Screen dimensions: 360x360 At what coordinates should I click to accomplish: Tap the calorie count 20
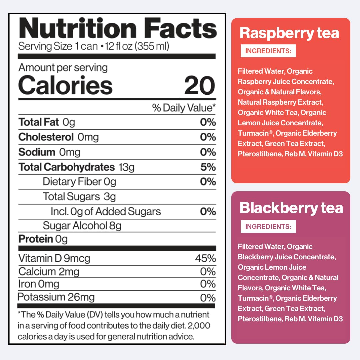tap(199, 85)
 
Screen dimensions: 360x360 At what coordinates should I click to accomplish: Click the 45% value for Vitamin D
tap(205, 258)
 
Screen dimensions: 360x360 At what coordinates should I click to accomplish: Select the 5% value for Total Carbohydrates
tap(208, 167)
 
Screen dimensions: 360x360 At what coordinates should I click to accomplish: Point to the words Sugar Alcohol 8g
tap(82, 226)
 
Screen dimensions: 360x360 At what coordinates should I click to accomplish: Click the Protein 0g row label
tap(43, 239)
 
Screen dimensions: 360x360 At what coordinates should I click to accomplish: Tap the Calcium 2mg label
tap(49, 272)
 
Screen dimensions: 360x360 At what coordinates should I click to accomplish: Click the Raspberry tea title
tap(289, 33)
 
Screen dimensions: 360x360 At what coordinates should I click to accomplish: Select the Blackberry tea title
tap(291, 208)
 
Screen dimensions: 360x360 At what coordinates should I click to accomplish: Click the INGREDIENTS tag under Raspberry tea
tap(268, 51)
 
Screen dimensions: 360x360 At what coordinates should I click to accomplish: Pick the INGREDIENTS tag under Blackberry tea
tap(268, 227)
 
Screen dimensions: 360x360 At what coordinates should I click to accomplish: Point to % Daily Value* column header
tap(184, 108)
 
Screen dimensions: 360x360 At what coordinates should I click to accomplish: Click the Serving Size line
tap(94, 46)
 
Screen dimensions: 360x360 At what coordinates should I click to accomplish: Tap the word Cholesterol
tap(46, 137)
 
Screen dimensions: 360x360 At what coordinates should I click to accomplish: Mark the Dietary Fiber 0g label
tap(79, 182)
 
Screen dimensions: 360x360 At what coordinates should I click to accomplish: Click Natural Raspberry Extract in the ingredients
tap(280, 102)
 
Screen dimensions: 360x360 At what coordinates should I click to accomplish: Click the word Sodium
tap(37, 152)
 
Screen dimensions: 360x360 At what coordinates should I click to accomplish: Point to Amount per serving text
tap(63, 68)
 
